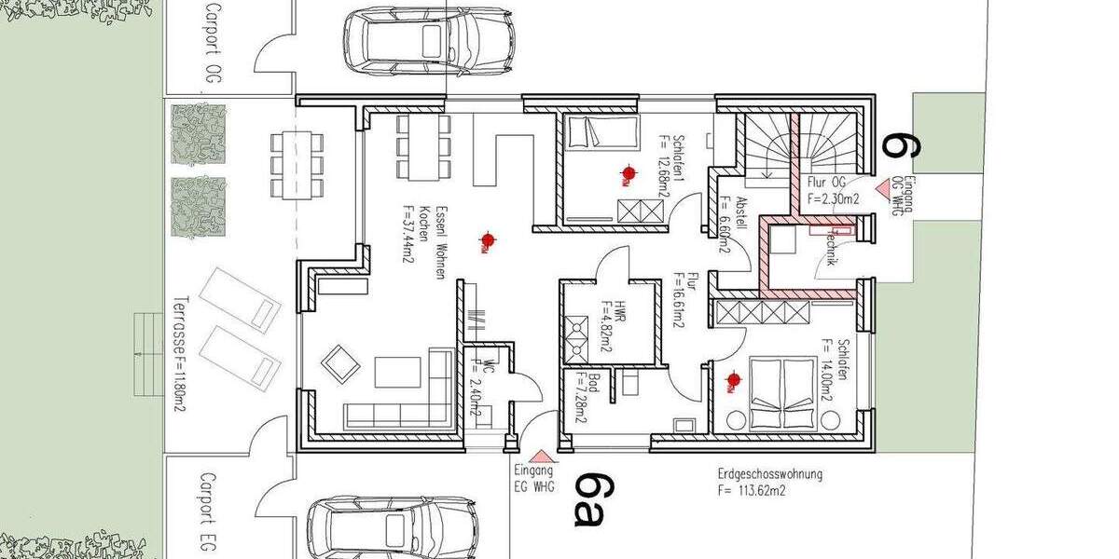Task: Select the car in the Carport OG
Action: coord(429,41)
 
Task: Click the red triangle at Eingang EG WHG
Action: coord(541,456)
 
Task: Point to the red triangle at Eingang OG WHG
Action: coord(881,188)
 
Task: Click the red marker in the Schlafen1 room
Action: coord(629,172)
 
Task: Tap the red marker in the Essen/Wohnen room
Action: coord(486,241)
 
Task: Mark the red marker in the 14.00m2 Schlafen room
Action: coord(734,379)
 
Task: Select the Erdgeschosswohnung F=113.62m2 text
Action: coord(769,482)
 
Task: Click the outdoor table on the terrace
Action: coord(297,164)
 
